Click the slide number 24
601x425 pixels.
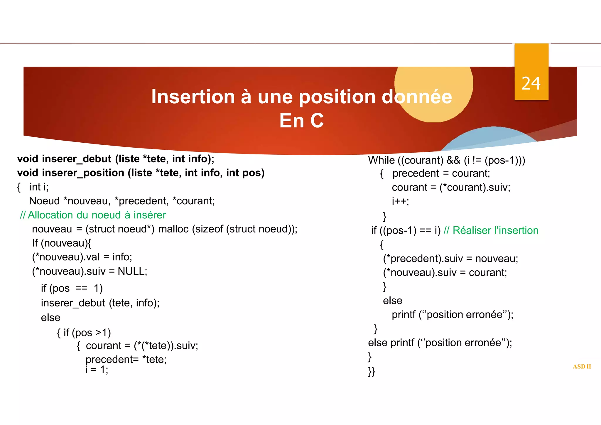point(531,84)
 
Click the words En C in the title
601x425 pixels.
point(301,121)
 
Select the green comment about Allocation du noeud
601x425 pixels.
point(93,215)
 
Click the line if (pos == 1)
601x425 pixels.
point(72,289)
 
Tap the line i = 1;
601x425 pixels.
point(97,370)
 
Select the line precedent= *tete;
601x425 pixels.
point(126,359)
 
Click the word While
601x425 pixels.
point(381,160)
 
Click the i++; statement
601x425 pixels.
point(400,201)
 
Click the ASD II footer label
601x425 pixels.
point(582,367)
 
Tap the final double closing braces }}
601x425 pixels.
point(372,372)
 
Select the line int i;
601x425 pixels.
point(39,187)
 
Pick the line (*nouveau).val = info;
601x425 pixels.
point(82,257)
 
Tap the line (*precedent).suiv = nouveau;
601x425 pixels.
point(450,259)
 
